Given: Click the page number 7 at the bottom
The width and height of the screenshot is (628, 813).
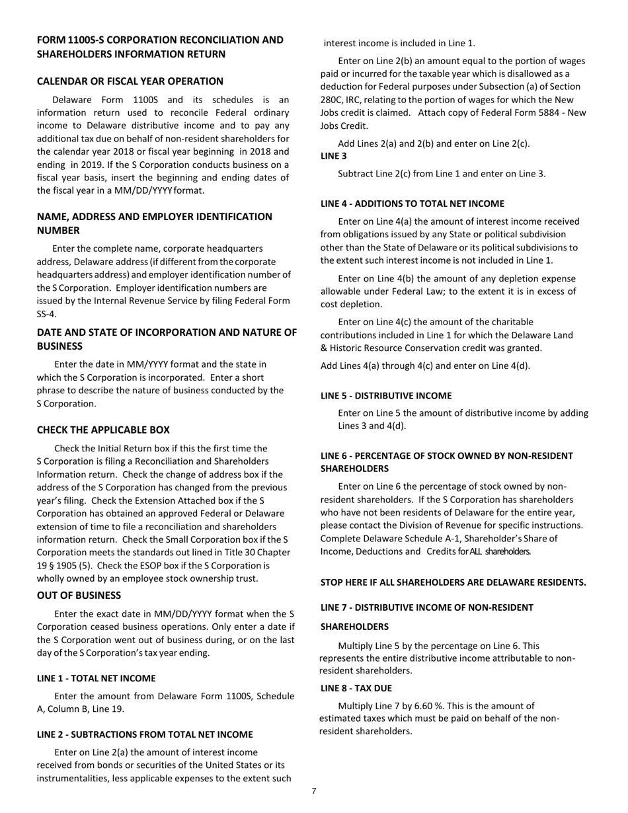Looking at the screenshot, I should pos(314,791).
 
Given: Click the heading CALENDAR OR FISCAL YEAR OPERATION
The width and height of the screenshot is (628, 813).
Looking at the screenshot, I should pos(130,81).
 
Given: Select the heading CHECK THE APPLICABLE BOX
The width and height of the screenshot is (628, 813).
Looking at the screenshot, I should pos(103,430).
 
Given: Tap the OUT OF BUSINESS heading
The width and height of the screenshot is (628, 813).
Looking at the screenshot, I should pos(79,595).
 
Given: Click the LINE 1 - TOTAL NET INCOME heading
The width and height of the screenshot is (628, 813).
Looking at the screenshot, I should pos(97,678).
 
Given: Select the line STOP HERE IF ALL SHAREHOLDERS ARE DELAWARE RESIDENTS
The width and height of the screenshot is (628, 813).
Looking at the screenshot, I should pos(453,582).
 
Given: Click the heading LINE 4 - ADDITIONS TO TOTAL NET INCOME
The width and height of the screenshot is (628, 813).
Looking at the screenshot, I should pos(412,204).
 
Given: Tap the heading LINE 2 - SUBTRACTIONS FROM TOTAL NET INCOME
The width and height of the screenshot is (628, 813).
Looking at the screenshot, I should pos(145,734).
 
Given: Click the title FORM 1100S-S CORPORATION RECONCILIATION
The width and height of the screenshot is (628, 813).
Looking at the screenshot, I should pos(160,40).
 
